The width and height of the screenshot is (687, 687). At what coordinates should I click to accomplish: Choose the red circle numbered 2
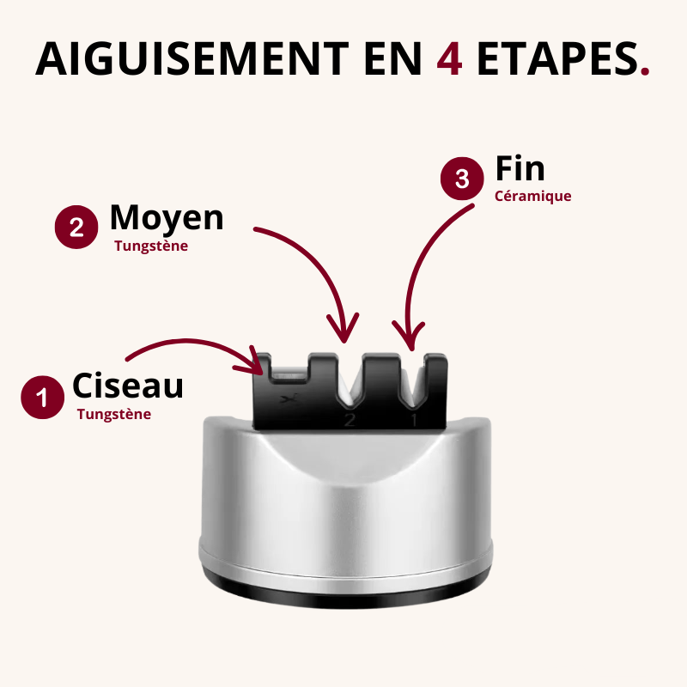click(76, 228)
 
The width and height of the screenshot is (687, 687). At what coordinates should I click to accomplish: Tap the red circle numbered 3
click(462, 179)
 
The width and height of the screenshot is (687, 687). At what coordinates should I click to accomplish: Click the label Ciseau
click(128, 386)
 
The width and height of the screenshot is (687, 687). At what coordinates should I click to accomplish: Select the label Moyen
click(167, 218)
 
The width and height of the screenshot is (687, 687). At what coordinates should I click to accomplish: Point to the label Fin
click(520, 168)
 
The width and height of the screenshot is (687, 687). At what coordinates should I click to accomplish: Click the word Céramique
click(532, 196)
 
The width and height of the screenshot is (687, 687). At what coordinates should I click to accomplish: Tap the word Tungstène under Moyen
click(151, 246)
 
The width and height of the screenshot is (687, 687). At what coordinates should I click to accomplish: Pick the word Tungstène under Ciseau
click(114, 414)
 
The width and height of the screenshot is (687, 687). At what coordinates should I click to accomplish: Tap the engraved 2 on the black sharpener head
click(349, 420)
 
